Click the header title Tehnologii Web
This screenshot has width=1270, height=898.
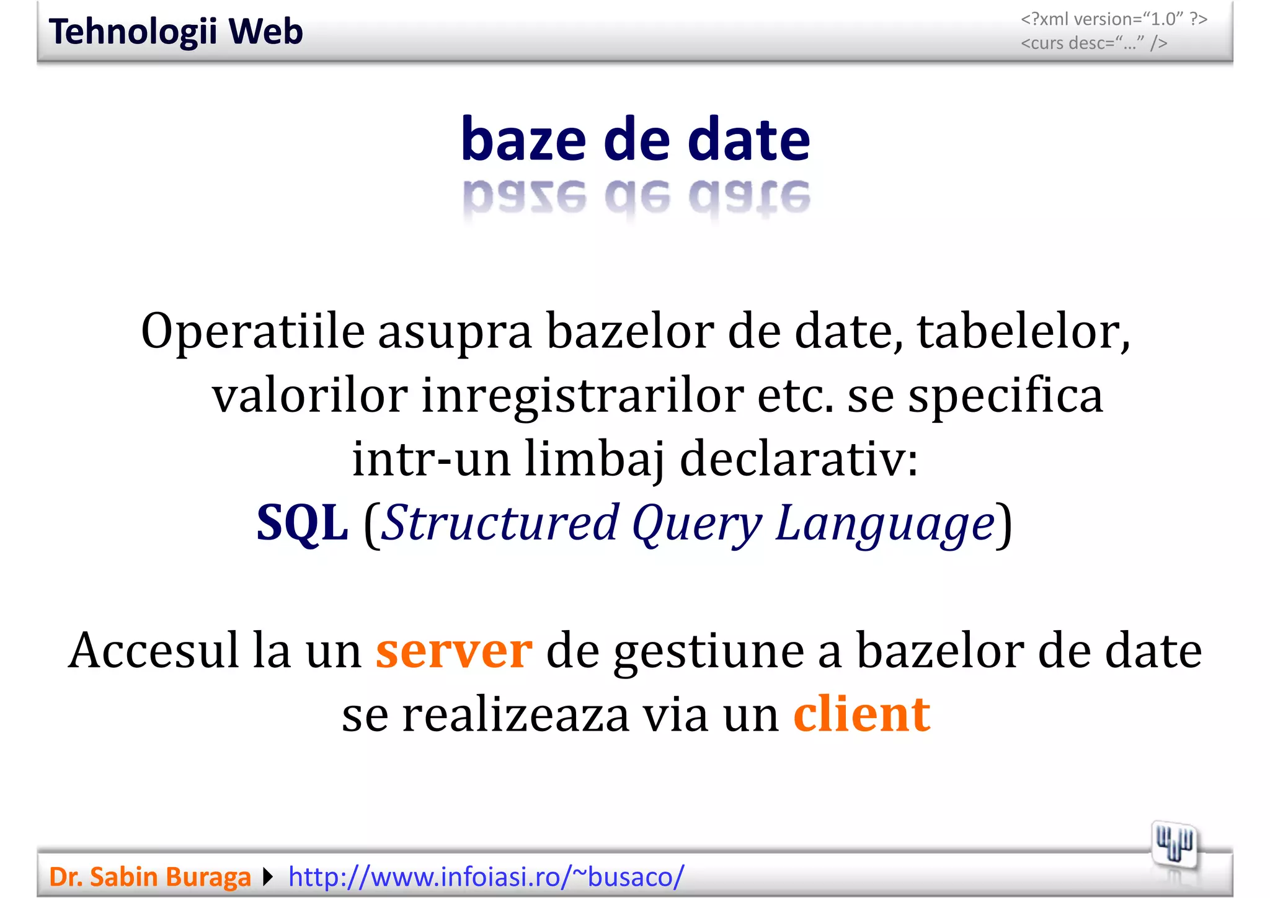(x=175, y=32)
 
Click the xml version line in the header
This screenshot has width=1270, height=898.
(x=1114, y=19)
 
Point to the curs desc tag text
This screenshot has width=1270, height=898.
(x=1094, y=43)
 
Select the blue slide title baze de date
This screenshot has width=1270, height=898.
(x=636, y=140)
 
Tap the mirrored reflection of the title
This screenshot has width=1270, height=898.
(x=636, y=197)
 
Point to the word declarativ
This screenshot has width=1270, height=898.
(x=799, y=459)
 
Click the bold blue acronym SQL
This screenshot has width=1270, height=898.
(x=303, y=523)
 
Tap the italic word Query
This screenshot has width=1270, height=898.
(x=696, y=523)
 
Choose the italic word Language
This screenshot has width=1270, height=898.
(x=885, y=523)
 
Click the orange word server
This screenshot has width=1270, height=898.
(x=454, y=651)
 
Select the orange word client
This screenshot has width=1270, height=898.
(x=862, y=714)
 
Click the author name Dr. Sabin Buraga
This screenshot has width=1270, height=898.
(x=149, y=877)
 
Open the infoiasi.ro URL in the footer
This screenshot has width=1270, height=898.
(x=486, y=877)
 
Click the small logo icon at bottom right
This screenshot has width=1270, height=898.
(x=1174, y=845)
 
